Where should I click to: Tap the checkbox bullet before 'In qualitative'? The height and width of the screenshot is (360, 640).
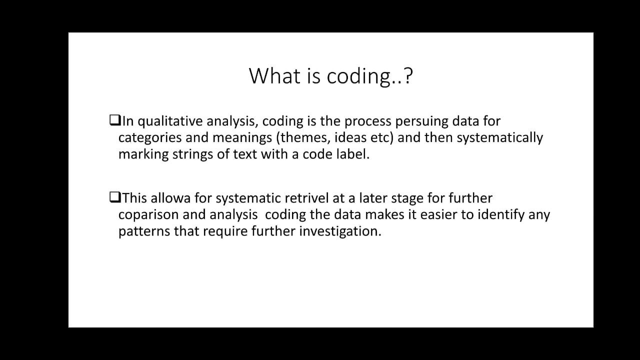pyautogui.click(x=114, y=120)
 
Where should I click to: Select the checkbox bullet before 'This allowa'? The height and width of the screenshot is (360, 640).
pyautogui.click(x=114, y=197)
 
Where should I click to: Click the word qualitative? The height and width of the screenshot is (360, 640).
pyautogui.click(x=170, y=121)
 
